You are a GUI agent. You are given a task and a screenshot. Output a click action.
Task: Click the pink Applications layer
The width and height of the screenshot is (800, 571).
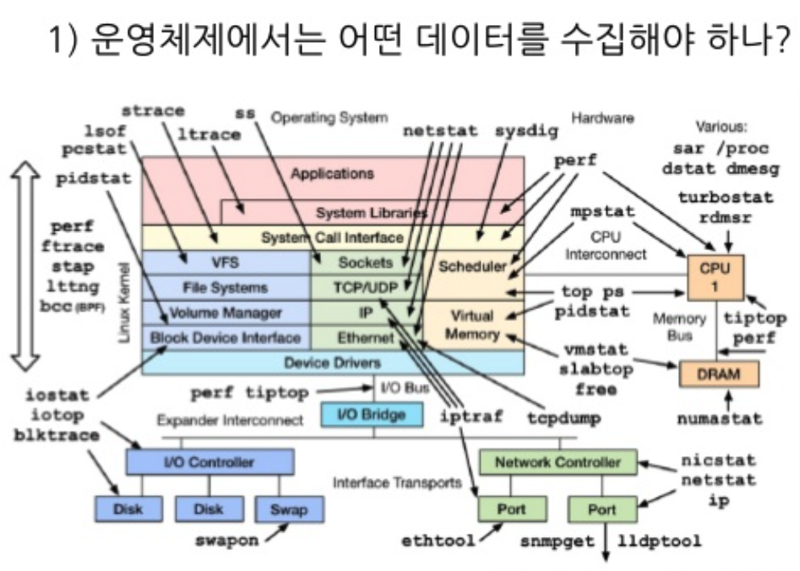[x=332, y=173]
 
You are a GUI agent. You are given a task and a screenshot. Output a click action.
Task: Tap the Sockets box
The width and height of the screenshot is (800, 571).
[x=365, y=262]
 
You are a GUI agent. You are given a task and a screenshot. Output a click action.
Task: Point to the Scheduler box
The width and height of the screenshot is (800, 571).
[x=473, y=265]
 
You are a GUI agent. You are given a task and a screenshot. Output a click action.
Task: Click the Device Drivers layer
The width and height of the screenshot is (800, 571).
[x=332, y=362]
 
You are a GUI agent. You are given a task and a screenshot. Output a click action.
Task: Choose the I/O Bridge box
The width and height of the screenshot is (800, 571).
[x=370, y=415]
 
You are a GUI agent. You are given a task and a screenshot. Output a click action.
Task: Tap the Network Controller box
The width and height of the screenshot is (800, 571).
[x=558, y=462]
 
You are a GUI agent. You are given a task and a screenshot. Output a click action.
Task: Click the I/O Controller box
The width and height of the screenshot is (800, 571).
[x=208, y=462]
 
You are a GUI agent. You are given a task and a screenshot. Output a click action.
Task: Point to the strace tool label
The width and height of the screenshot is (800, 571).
[x=152, y=110]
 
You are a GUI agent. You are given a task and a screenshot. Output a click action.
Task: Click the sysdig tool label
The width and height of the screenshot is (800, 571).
[x=526, y=131]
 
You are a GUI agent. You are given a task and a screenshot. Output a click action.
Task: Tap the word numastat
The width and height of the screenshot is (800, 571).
[x=719, y=419]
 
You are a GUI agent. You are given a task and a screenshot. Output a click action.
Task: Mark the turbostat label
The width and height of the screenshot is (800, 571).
[x=725, y=197]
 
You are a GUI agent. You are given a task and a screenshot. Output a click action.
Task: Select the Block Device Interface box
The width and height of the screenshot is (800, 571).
[x=225, y=338]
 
